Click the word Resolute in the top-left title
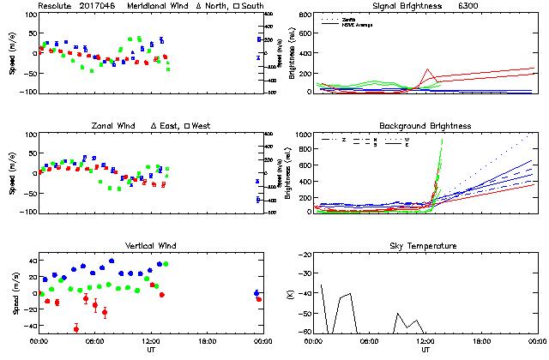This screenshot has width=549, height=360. click(54, 6)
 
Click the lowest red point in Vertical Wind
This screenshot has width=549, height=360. click(76, 329)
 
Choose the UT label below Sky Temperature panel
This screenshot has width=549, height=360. click(425, 351)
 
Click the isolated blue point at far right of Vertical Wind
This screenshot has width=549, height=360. click(256, 293)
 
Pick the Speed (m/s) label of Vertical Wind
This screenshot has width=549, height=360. click(14, 294)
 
